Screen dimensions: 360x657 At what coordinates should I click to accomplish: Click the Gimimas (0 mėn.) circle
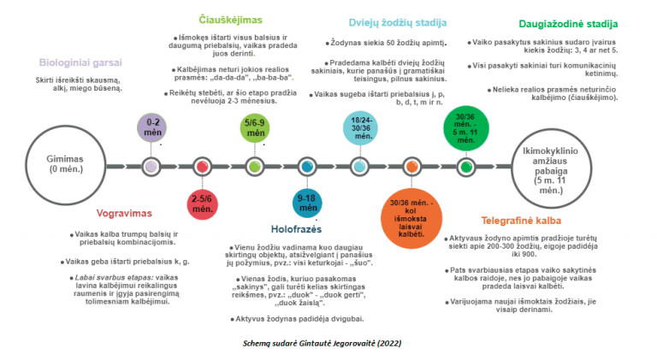(63, 164)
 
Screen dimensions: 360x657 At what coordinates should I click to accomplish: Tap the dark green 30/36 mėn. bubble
(465, 127)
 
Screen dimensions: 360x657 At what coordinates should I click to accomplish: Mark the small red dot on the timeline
(201, 166)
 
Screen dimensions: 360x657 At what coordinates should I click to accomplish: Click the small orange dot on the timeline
(413, 166)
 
